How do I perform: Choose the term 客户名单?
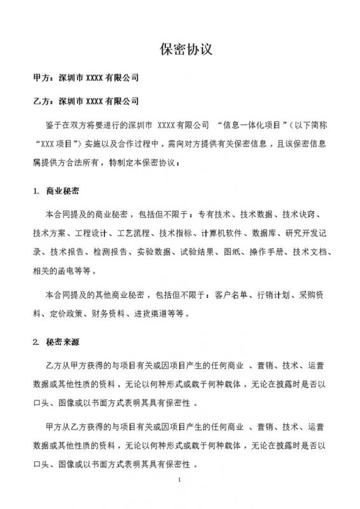(232, 296)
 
